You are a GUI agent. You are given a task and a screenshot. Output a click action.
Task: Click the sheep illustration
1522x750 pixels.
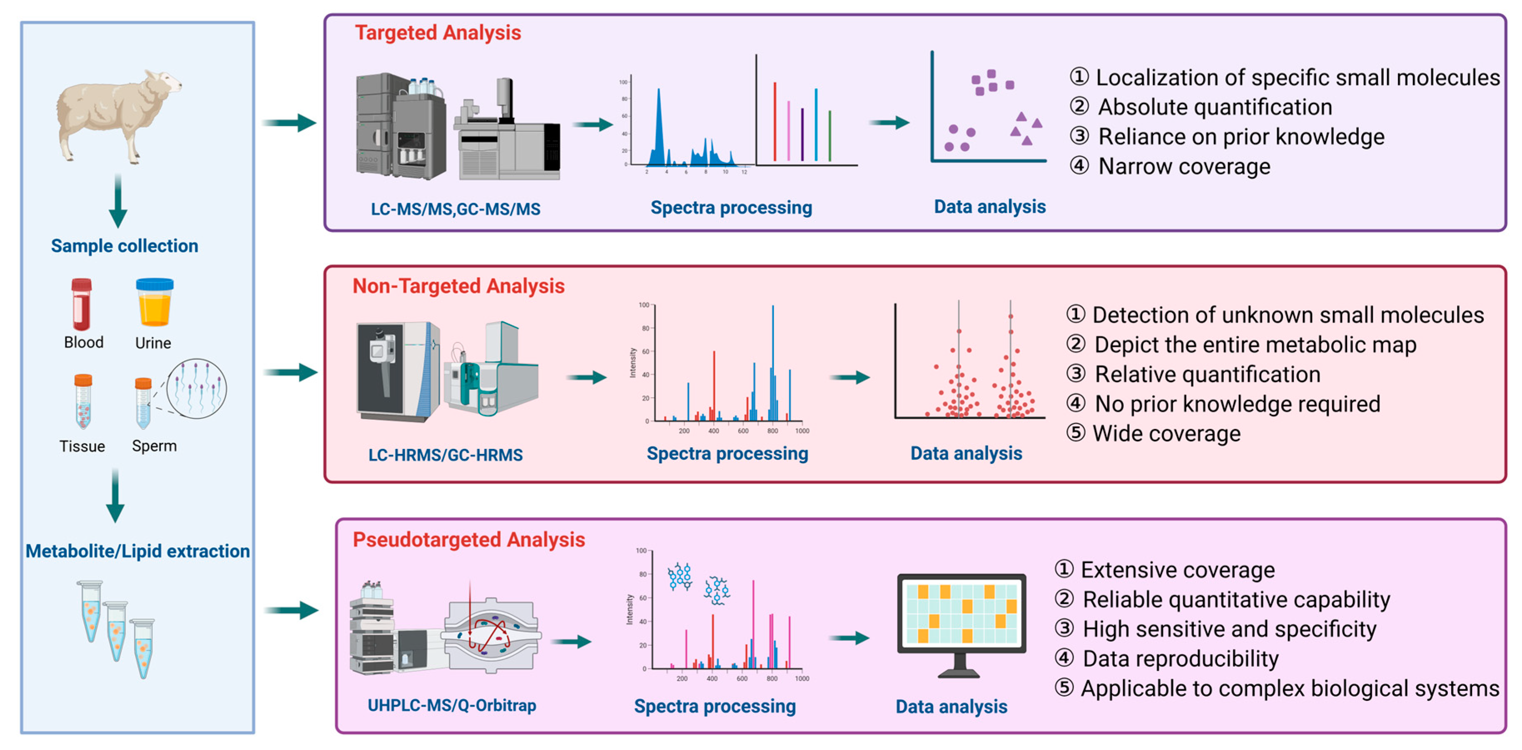coord(118,115)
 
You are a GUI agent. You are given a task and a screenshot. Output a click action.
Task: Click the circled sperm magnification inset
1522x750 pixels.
coord(197,388)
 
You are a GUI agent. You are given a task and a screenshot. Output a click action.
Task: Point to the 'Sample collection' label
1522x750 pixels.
coord(124,246)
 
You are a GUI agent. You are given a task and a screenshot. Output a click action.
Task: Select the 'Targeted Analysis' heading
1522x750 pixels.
coord(438,32)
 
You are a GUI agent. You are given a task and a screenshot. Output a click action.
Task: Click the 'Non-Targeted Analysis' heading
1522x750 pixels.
coord(458,286)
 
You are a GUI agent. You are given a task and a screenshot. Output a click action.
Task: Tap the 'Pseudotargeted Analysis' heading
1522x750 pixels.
coord(468,540)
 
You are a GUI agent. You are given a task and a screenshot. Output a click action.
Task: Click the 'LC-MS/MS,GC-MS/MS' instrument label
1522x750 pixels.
coord(456,209)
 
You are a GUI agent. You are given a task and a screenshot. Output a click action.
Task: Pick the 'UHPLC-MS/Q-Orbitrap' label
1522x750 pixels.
coord(452,705)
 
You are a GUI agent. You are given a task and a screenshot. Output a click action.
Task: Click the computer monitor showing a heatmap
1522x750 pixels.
coord(961,623)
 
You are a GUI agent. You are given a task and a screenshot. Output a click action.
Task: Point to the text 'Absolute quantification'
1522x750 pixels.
coord(1215,107)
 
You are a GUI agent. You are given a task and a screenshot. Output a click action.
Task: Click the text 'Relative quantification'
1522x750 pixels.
coord(1207,374)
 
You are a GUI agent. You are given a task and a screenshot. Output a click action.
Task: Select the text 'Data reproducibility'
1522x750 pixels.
coord(1181,658)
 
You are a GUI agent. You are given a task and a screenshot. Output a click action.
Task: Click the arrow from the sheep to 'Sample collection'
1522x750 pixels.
coord(118,201)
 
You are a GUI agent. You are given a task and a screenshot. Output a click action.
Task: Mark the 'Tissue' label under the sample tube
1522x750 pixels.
coord(82,446)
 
